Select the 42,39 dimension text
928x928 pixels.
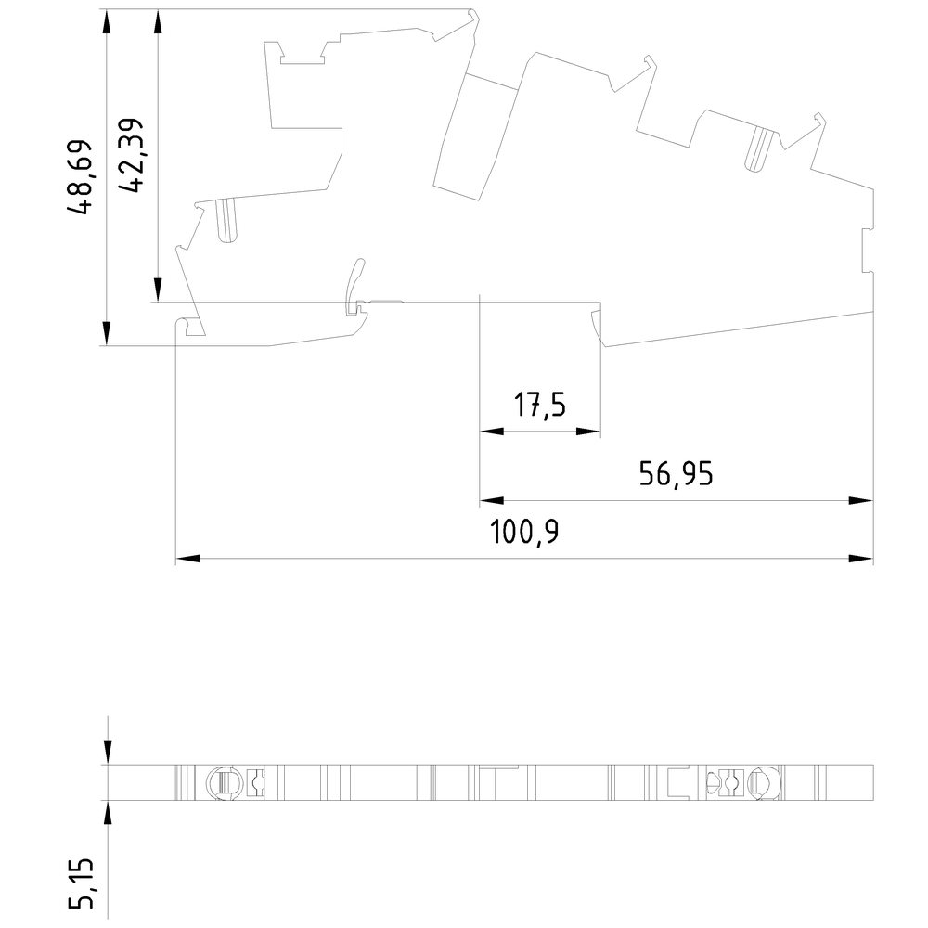coord(131,155)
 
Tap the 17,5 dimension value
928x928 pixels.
coord(540,406)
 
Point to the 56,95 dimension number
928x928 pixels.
coord(677,474)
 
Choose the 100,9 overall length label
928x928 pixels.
coord(525,532)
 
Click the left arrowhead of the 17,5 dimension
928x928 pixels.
coord(491,432)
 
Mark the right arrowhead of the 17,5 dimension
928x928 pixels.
coord(588,432)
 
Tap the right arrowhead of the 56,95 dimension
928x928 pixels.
coord(861,501)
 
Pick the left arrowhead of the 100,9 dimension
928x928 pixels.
coord(187,558)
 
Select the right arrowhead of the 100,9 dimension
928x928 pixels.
coord(861,558)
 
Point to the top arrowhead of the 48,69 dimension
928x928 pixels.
coord(107,22)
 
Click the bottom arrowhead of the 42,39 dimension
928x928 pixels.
coord(158,290)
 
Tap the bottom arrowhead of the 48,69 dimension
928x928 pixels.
coord(107,333)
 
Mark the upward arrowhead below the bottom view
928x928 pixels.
coord(107,813)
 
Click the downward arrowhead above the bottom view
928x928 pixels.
coord(107,753)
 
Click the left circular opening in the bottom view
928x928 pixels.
coord(224,783)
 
